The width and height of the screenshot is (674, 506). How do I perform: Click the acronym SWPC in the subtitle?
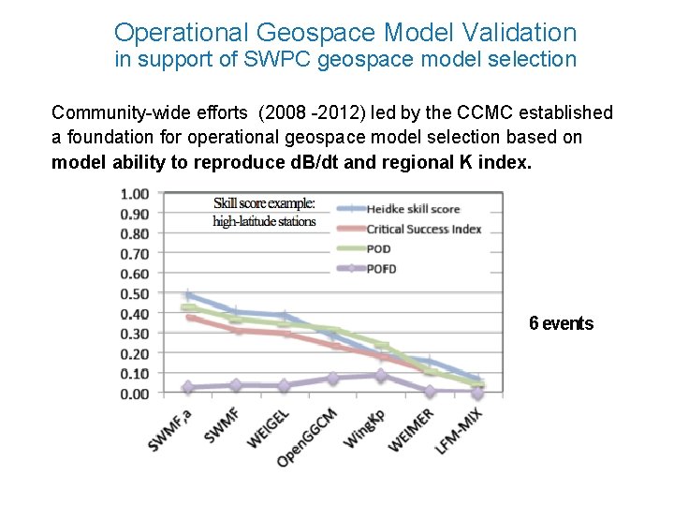pos(276,61)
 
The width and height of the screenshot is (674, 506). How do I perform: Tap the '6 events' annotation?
pos(561,323)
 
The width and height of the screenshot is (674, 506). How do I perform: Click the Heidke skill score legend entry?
pos(413,210)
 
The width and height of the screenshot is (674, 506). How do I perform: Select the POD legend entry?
pos(379,249)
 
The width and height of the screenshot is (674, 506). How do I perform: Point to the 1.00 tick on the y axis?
pos(135,195)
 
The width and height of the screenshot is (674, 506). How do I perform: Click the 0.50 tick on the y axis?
pos(135,294)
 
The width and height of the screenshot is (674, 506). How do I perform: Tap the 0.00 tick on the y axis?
pos(135,394)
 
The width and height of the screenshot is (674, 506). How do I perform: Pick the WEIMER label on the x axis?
pos(411,427)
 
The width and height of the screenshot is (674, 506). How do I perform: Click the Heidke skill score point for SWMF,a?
pos(189,296)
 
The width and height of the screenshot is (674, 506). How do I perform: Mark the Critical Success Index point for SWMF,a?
pos(191,318)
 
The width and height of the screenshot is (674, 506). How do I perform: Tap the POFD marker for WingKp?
pos(379,375)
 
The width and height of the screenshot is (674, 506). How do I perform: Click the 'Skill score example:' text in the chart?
pos(264,203)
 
